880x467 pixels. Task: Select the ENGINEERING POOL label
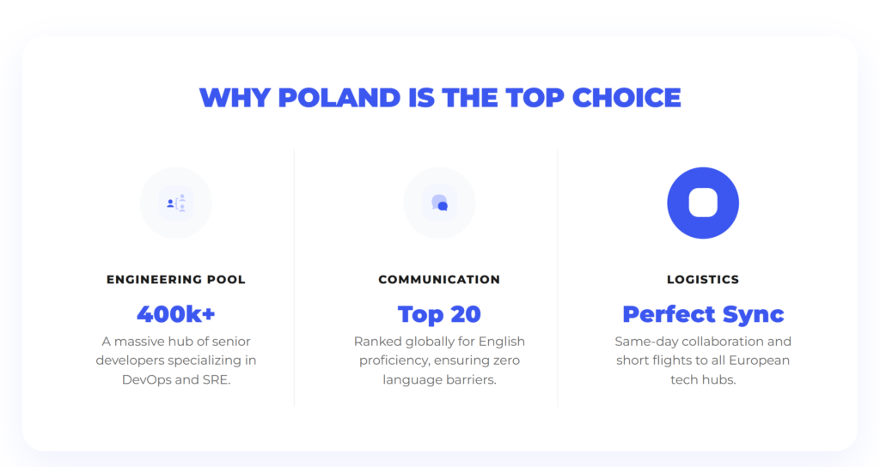pos(176,280)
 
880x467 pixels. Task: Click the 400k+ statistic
pos(176,313)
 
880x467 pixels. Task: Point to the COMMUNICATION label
pos(439,280)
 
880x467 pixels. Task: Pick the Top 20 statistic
pos(439,313)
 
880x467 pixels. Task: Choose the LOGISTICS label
pos(703,280)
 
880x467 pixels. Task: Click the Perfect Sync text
pos(703,313)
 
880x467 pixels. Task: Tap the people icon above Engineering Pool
pos(176,203)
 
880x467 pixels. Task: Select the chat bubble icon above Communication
pos(439,203)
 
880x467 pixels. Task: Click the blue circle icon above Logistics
pos(703,203)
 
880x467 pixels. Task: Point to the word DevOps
pos(147,379)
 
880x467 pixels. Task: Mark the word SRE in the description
pos(216,379)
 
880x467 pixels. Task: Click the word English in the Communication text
pos(499,342)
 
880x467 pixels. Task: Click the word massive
pos(142,342)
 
